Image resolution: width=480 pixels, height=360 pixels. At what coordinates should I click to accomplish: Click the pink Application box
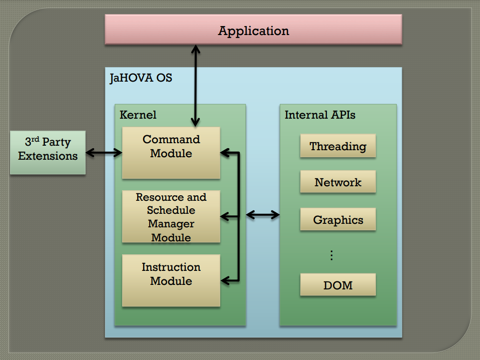[253, 30]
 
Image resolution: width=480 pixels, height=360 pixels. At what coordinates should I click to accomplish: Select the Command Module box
[171, 153]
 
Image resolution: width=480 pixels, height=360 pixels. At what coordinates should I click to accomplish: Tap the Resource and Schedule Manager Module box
[171, 216]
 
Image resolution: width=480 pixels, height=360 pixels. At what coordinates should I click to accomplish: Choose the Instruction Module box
[171, 280]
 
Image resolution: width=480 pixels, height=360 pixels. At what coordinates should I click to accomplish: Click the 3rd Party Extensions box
[48, 152]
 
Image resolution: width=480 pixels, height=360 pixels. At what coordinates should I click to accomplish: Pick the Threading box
[338, 146]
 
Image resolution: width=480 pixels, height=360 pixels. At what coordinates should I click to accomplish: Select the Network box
[338, 182]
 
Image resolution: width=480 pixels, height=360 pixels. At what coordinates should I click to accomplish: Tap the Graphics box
[338, 219]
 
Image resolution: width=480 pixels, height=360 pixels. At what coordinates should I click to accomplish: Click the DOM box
[338, 285]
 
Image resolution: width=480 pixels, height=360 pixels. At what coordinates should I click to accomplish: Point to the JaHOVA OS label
[141, 78]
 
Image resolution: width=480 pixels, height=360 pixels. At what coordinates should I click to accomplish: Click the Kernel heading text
[138, 115]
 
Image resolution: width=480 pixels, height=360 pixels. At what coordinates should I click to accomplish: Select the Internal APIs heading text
[320, 115]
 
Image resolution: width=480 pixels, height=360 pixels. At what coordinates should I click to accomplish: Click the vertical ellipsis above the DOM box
[331, 255]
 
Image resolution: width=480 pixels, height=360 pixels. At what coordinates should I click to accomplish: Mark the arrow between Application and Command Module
[195, 86]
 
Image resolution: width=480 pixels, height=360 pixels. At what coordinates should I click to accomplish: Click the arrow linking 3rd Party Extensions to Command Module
[104, 152]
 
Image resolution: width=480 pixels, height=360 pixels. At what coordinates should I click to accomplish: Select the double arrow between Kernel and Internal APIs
[263, 215]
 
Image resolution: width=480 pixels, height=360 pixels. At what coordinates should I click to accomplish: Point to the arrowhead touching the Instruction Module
[225, 280]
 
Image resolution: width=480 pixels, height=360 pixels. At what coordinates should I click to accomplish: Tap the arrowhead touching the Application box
[196, 50]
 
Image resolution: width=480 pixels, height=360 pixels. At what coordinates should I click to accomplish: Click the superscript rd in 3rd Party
[35, 139]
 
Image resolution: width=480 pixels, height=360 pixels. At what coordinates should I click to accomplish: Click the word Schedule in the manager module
[171, 210]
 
